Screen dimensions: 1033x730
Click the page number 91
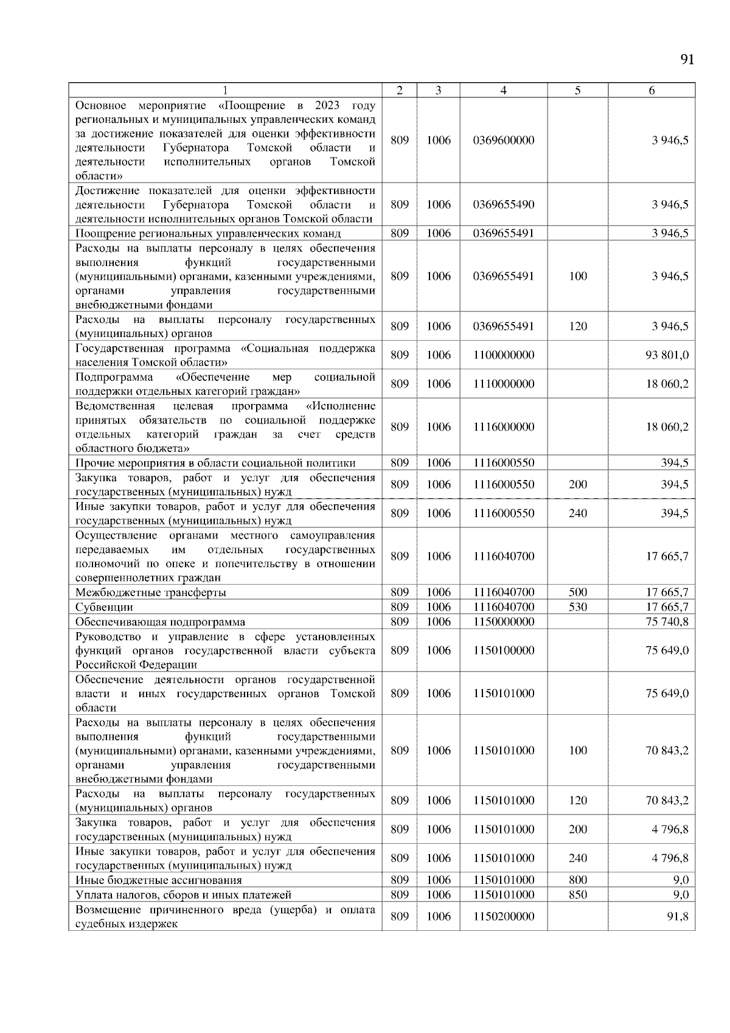click(687, 59)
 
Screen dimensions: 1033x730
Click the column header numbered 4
click(503, 91)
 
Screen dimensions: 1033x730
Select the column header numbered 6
click(652, 91)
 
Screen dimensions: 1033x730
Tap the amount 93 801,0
click(667, 355)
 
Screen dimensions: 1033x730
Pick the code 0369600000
click(503, 141)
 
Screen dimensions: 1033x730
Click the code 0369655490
click(503, 205)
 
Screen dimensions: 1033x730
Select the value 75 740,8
click(667, 622)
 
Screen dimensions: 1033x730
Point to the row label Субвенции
click(104, 607)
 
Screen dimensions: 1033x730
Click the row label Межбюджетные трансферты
click(151, 593)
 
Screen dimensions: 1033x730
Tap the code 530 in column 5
click(577, 607)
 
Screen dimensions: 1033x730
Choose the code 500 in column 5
click(577, 593)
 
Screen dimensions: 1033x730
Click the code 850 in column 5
click(577, 895)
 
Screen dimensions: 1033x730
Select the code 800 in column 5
click(577, 880)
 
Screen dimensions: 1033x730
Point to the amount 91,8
click(677, 917)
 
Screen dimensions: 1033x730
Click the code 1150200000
click(503, 917)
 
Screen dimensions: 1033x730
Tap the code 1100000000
click(503, 355)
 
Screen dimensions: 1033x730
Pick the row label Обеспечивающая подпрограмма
click(161, 622)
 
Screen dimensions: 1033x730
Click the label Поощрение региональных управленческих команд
click(208, 234)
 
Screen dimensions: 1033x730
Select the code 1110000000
click(503, 384)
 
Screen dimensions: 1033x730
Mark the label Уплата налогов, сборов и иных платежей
click(183, 895)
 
